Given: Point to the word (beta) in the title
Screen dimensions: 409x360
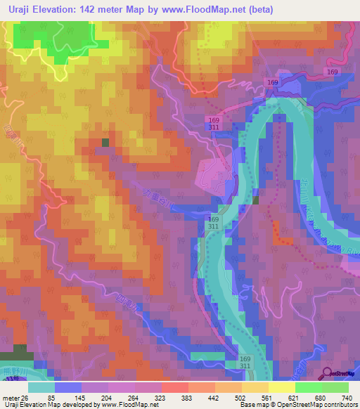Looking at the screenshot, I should pyautogui.click(x=258, y=9).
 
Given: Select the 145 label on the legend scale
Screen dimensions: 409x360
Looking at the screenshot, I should pyautogui.click(x=79, y=398).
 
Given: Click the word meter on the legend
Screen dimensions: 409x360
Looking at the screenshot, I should pyautogui.click(x=10, y=398).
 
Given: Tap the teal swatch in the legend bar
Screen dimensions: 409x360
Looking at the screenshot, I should pyautogui.click(x=41, y=387).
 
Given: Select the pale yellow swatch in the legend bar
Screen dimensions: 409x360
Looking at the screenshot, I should pyautogui.click(x=281, y=387).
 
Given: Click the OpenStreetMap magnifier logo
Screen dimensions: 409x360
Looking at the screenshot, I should pyautogui.click(x=328, y=372).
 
